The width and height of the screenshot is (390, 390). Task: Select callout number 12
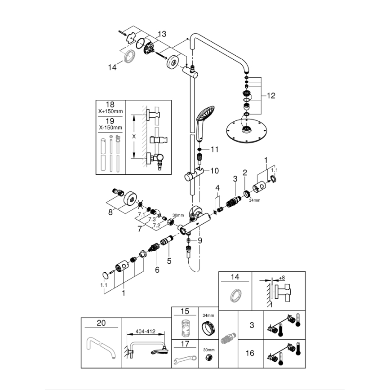tap(270, 96)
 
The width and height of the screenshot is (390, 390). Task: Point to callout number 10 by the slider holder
tap(214, 171)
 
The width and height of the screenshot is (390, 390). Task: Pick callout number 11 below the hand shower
tap(214, 149)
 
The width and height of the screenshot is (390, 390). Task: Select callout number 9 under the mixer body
tap(200, 240)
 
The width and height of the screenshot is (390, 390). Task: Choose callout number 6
tap(157, 270)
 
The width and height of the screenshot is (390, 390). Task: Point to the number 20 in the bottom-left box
tap(102, 323)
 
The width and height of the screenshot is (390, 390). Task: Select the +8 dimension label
tap(282, 278)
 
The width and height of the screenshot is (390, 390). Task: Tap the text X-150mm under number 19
tap(110, 128)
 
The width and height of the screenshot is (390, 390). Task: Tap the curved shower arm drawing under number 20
tap(101, 348)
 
